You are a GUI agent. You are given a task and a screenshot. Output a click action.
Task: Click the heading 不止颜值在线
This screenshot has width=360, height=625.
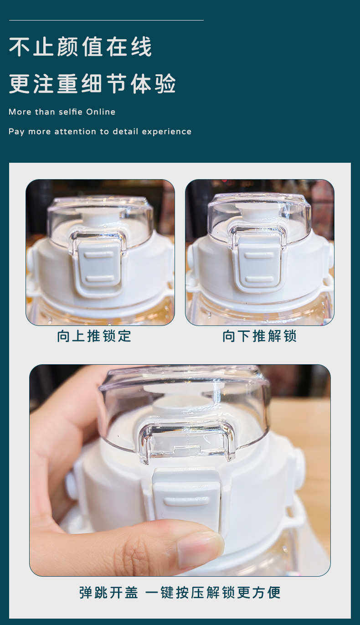tap(80, 46)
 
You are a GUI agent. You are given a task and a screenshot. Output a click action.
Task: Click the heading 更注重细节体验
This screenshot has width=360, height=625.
tap(93, 83)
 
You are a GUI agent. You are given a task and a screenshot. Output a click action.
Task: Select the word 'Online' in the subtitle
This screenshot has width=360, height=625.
tap(101, 112)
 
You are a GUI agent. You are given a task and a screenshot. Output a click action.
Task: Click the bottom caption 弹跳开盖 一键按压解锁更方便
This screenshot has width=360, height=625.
tap(180, 593)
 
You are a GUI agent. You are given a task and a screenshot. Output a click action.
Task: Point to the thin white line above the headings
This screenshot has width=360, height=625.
tap(106, 21)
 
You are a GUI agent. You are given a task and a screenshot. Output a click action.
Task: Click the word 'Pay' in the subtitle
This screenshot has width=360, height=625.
tap(16, 132)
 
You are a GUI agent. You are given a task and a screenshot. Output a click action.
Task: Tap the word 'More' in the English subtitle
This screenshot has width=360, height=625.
tap(20, 112)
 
